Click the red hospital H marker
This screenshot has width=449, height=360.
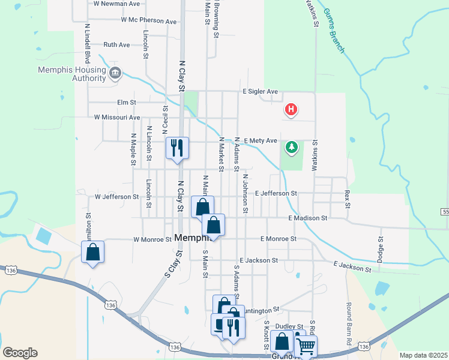click(x=291, y=110)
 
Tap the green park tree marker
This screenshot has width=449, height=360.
click(x=292, y=147)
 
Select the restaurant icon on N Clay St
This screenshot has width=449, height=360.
click(x=177, y=147)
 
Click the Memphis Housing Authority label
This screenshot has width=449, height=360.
click(x=72, y=74)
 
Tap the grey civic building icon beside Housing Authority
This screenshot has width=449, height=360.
click(x=116, y=73)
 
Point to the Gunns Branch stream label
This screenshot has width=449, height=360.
click(x=333, y=30)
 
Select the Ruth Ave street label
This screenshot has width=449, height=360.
click(x=116, y=44)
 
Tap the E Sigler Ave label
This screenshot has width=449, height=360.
click(x=260, y=91)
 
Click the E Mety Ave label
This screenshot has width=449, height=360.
click(x=260, y=140)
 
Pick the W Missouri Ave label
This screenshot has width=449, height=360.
click(x=117, y=118)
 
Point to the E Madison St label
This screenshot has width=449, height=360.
click(x=307, y=218)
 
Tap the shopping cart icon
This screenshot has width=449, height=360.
click(x=306, y=346)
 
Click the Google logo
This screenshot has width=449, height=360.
click(x=20, y=353)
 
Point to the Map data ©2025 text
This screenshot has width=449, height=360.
click(x=423, y=355)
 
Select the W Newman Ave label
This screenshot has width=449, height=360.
click(x=116, y=3)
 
